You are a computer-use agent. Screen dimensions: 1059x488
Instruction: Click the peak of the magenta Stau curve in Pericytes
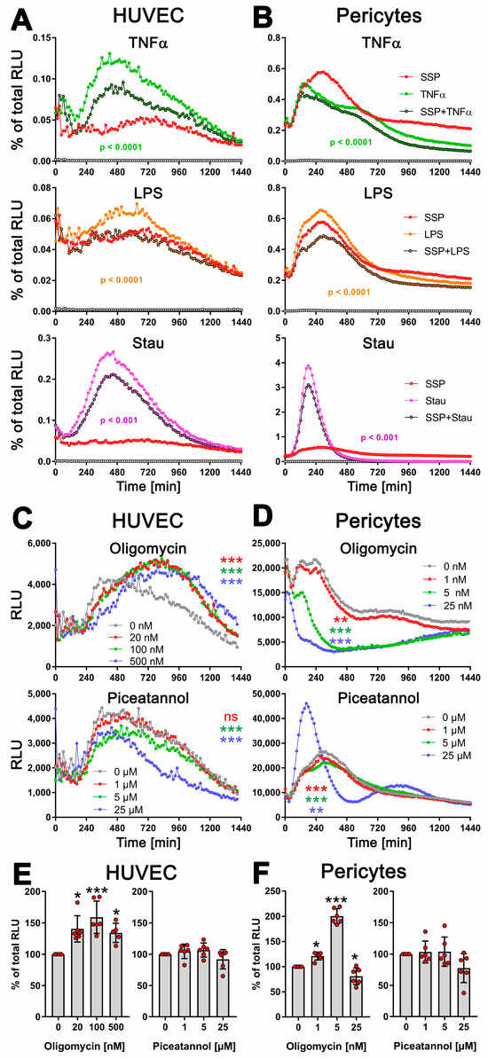pyautogui.click(x=308, y=365)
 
